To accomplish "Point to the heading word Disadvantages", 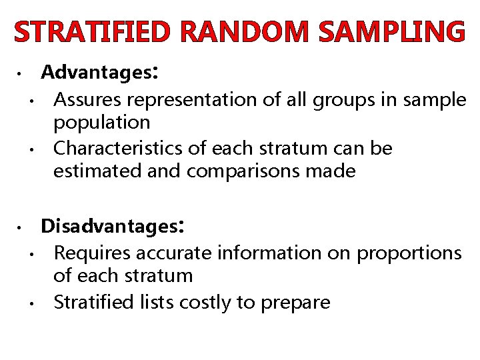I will pyautogui.click(x=109, y=227).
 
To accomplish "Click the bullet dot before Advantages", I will pyautogui.click(x=21, y=73).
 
